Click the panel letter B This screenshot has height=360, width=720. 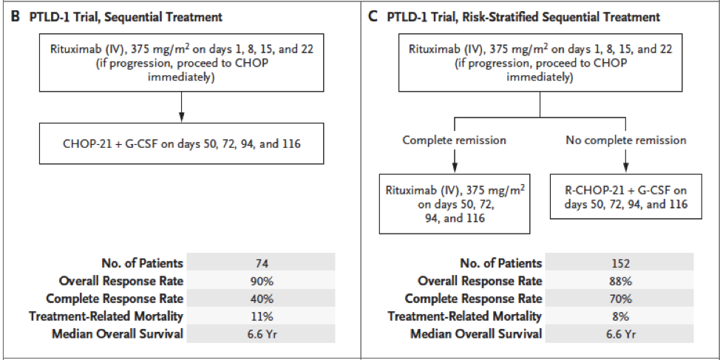(x=15, y=18)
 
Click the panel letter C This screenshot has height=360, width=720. (x=373, y=18)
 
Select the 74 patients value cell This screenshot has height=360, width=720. (x=261, y=263)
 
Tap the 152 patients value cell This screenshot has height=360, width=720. (x=620, y=263)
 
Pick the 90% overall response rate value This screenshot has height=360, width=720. (x=261, y=281)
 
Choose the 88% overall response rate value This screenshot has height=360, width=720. (x=620, y=281)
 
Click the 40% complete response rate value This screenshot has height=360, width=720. (x=261, y=299)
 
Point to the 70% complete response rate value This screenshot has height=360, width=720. (x=620, y=299)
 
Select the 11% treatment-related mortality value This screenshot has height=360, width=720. (x=261, y=316)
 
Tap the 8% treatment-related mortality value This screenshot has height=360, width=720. (x=620, y=316)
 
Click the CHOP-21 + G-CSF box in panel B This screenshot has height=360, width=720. (x=182, y=143)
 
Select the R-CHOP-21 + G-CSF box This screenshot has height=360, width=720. (x=626, y=197)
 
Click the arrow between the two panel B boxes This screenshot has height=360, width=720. (x=181, y=107)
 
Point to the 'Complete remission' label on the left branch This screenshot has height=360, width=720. (x=454, y=140)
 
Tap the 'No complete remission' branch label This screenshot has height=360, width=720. (x=626, y=140)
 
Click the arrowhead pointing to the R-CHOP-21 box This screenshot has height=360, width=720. (x=625, y=169)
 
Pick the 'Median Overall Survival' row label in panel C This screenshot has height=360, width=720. (x=476, y=334)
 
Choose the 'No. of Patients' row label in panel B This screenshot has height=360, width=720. (x=143, y=263)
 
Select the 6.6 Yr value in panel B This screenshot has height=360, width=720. (x=261, y=334)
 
